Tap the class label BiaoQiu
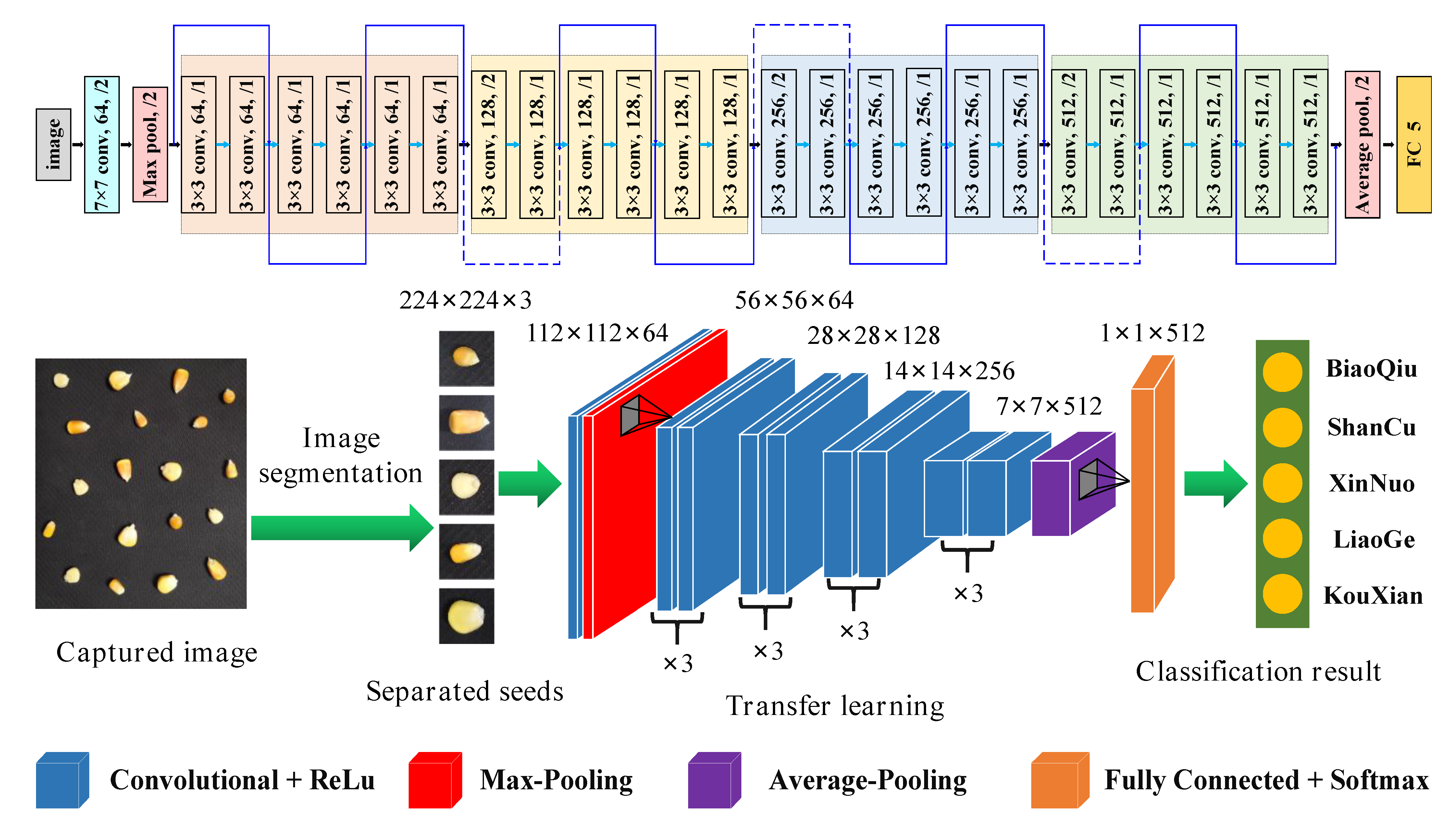coord(1371,369)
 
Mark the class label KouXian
coord(1373,596)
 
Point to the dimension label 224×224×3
coord(465,300)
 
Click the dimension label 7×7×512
coord(1049,406)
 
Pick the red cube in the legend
coord(434,780)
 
